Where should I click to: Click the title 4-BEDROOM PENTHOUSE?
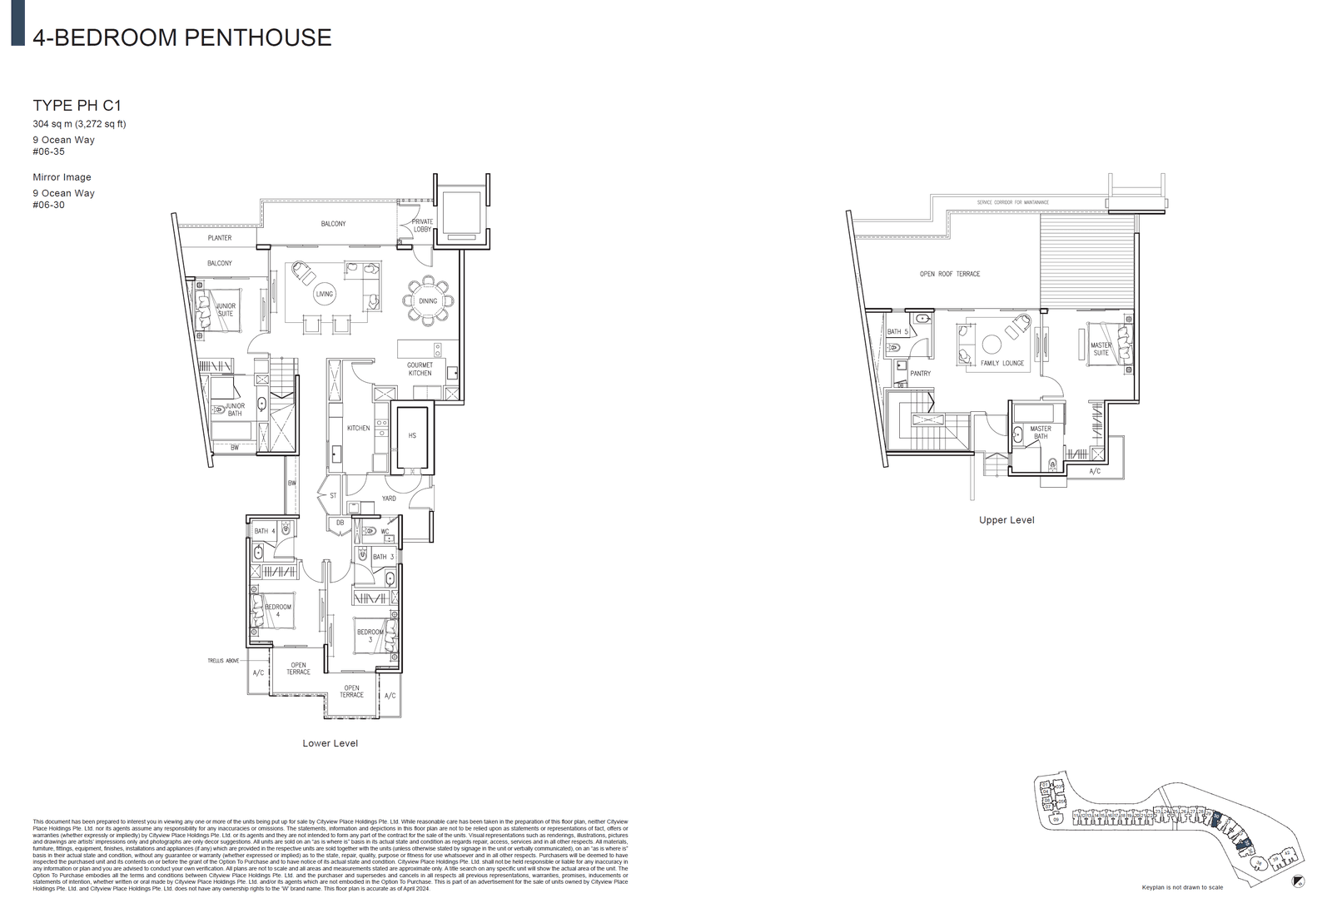tap(181, 37)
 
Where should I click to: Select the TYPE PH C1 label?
tap(77, 105)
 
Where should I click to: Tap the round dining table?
tap(428, 300)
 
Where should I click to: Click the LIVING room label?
tap(324, 294)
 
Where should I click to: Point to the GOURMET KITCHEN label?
tap(420, 369)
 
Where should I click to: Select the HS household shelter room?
tap(411, 436)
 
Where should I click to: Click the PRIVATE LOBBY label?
tap(422, 225)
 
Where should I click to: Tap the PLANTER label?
tap(220, 238)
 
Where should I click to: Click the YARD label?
tap(389, 499)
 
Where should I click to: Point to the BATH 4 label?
tap(265, 531)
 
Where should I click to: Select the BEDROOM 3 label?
tap(370, 636)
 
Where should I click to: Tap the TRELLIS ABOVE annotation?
tap(223, 661)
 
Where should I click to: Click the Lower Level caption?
tap(330, 743)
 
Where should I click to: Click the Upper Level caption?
tap(1006, 520)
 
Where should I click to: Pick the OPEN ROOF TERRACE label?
tap(949, 274)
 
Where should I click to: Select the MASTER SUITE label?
tap(1101, 349)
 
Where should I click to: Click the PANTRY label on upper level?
tap(920, 374)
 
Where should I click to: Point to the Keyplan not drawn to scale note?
tap(1182, 887)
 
